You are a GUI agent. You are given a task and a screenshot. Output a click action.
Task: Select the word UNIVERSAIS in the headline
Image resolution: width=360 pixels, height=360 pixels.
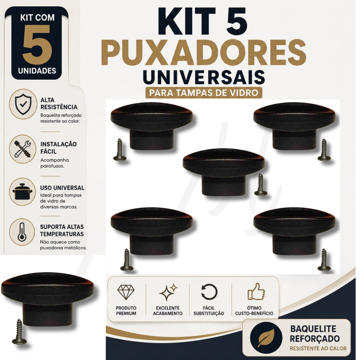(x=204, y=77)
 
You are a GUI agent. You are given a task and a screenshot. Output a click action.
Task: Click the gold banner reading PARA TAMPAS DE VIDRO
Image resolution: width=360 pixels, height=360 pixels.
(x=204, y=92)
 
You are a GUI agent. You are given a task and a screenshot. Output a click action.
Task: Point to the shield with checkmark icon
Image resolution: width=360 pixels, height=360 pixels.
(x=23, y=104)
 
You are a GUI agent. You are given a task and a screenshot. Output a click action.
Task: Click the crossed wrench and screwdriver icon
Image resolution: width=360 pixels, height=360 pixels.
(x=22, y=149)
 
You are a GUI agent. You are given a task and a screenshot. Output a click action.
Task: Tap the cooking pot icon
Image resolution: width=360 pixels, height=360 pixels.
(x=22, y=192)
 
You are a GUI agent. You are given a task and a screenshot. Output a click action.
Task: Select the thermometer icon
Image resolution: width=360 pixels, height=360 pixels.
(x=22, y=232)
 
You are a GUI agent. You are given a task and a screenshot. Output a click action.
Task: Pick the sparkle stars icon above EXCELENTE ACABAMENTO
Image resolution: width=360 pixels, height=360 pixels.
(x=168, y=292)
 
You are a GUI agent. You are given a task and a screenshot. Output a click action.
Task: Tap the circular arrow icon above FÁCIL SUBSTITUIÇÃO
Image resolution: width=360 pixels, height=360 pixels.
(x=209, y=292)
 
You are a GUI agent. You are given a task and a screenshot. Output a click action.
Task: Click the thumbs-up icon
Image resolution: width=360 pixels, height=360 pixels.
(x=256, y=291)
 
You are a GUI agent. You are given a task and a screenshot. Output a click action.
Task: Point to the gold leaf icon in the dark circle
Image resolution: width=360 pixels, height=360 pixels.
(x=266, y=337)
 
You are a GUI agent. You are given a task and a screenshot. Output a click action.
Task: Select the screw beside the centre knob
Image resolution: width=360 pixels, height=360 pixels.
(x=261, y=185)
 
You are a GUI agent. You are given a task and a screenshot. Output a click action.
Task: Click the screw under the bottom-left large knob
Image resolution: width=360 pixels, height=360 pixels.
(x=19, y=332)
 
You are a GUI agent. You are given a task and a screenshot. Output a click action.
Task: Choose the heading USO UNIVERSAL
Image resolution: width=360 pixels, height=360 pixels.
(x=62, y=188)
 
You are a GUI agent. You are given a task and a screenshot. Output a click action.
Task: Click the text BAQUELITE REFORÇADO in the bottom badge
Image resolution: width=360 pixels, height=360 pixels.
(x=315, y=334)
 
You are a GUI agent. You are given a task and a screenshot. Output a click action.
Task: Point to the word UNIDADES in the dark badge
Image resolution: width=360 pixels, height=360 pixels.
(x=37, y=71)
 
